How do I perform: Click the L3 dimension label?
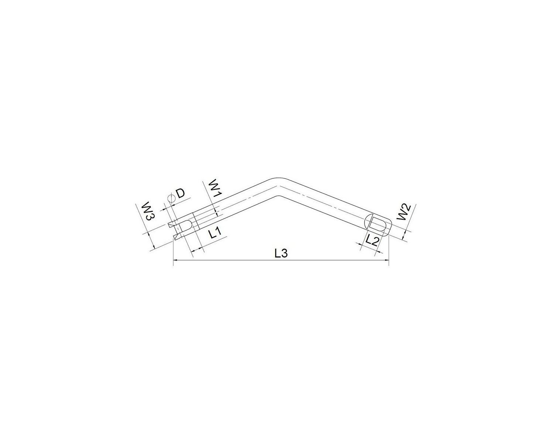pos(281,254)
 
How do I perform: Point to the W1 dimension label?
pos(215,188)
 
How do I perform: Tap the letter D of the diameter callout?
pos(181,193)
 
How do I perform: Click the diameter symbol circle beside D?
pos(171,198)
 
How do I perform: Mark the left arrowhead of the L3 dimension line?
pos(175,260)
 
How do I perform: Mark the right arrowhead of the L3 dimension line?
pos(386,260)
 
